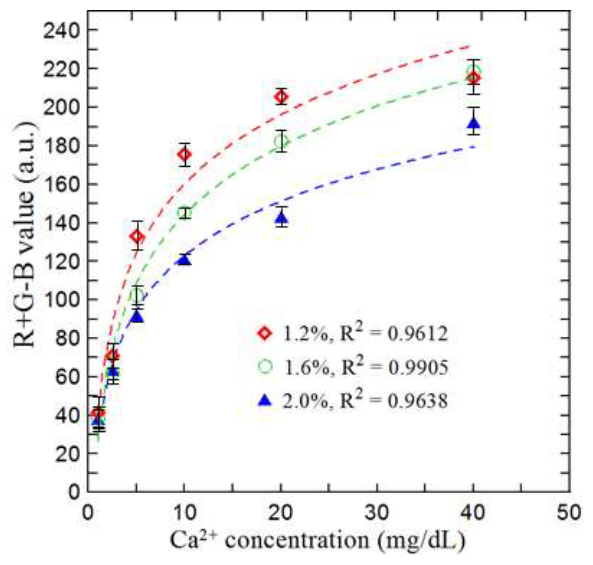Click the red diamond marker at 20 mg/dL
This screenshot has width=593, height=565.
(x=281, y=97)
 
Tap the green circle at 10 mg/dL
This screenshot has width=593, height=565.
(x=184, y=212)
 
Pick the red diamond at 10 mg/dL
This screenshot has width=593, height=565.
(x=184, y=154)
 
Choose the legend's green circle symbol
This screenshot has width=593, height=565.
(x=265, y=366)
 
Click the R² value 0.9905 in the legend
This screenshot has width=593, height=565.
(x=418, y=367)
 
